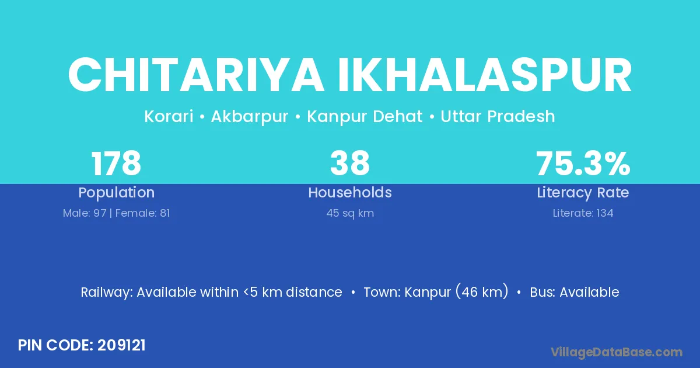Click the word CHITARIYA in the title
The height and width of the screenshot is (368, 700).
click(196, 75)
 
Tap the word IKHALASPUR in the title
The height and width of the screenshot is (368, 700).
click(485, 75)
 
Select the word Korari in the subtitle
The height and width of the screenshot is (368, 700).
click(169, 116)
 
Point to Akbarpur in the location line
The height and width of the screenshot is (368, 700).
click(250, 117)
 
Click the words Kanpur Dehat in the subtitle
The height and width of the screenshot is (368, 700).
click(365, 117)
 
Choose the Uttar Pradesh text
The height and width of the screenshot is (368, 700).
click(498, 116)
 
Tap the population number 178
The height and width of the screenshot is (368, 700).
click(116, 164)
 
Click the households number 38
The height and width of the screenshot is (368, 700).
click(350, 164)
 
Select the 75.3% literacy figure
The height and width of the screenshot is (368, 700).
click(583, 164)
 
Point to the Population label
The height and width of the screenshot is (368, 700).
click(117, 193)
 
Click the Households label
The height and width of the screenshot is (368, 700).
click(350, 192)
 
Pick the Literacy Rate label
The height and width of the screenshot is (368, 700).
click(583, 193)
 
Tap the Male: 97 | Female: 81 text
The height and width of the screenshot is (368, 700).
click(116, 213)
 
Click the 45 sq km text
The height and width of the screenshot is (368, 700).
click(350, 213)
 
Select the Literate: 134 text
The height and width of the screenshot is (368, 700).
click(583, 213)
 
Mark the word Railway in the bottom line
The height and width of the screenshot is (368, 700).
click(107, 293)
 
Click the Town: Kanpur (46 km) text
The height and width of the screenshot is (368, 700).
click(436, 292)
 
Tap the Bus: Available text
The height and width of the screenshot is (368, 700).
click(575, 292)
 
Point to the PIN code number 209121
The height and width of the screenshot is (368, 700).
click(121, 345)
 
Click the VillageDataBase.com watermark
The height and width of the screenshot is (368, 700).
click(616, 353)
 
